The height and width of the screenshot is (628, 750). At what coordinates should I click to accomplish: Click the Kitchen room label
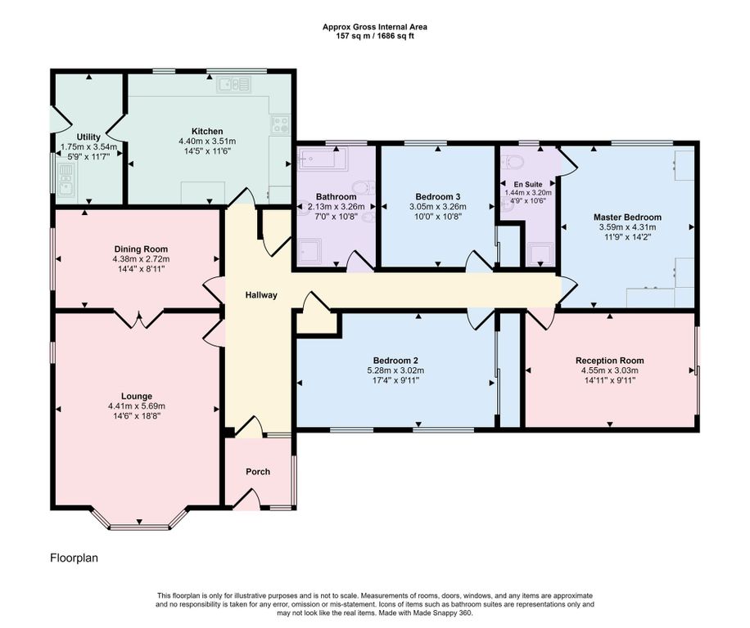207,132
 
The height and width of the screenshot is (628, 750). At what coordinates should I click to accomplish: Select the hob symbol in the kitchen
280,123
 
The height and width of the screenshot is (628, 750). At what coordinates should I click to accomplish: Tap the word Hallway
261,295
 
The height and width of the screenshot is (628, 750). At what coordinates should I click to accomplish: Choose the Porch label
258,472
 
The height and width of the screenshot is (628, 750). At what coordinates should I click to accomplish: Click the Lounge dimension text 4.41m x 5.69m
137,406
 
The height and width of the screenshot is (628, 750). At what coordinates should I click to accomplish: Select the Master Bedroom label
627,218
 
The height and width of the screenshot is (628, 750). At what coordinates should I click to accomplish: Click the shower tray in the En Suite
540,253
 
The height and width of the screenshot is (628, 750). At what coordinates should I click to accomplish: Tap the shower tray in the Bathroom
311,252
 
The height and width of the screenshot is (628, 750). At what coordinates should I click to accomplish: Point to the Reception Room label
610,361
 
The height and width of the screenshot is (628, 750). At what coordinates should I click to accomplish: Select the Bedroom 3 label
438,197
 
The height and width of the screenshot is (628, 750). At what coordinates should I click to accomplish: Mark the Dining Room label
141,249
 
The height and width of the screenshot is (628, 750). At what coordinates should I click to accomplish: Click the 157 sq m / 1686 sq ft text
374,36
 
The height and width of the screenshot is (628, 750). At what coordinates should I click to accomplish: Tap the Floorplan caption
75,558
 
